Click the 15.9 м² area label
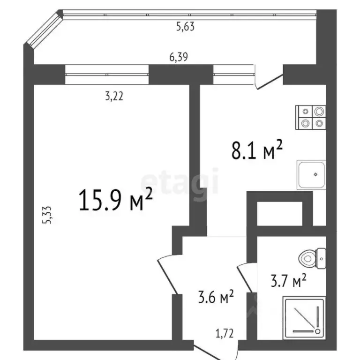click(x=117, y=200)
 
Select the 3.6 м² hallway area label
click(x=214, y=298)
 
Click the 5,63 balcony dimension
click(x=185, y=27)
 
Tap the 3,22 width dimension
click(x=114, y=97)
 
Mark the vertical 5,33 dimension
click(x=47, y=216)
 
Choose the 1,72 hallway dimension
click(x=225, y=334)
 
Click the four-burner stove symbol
click(x=311, y=117)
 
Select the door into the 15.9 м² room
click(x=166, y=272)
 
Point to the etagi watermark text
click(x=180, y=181)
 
